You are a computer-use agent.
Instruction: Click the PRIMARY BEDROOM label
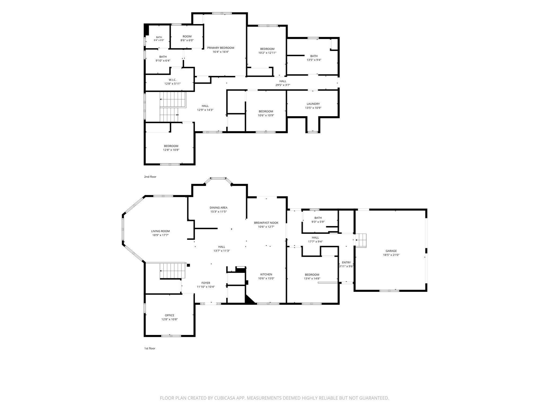pyautogui.click(x=221, y=48)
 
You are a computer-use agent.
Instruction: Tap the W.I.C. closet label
pyautogui.click(x=172, y=80)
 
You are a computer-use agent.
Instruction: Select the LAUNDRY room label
pyautogui.click(x=313, y=104)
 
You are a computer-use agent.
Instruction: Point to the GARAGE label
pyautogui.click(x=391, y=251)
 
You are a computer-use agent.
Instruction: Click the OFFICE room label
pyautogui.click(x=169, y=315)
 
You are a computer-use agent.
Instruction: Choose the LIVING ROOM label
pyautogui.click(x=160, y=231)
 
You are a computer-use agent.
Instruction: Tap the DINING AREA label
pyautogui.click(x=218, y=207)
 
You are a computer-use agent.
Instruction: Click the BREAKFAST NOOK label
pyautogui.click(x=266, y=223)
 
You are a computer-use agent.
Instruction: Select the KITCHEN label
pyautogui.click(x=266, y=274)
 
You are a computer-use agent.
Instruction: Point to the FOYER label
pyautogui.click(x=206, y=283)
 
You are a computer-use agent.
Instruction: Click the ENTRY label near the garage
pyautogui.click(x=346, y=262)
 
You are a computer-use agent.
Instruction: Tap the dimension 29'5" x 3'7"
pyautogui.click(x=283, y=85)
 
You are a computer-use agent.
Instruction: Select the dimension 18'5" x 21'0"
pyautogui.click(x=391, y=255)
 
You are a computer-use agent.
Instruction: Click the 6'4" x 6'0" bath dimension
pyautogui.click(x=159, y=40)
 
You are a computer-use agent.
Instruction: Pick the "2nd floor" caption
pyautogui.click(x=150, y=177)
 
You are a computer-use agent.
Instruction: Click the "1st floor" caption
pyautogui.click(x=150, y=348)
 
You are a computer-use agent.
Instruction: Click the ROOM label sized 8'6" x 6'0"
pyautogui.click(x=187, y=36)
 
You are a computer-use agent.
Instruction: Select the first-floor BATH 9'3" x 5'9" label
pyautogui.click(x=318, y=218)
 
